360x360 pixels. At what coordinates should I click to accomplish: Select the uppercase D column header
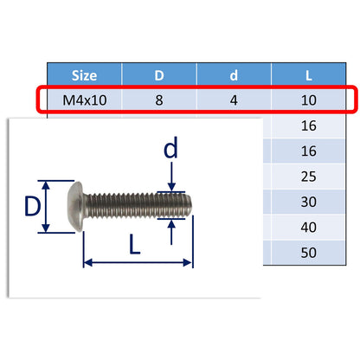click(159, 76)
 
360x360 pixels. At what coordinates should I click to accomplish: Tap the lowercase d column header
click(235, 76)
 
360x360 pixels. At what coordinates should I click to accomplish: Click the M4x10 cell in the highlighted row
click(84, 100)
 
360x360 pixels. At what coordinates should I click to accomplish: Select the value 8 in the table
click(159, 100)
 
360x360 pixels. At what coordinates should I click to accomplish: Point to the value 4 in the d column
click(235, 100)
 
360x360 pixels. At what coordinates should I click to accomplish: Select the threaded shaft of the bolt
click(138, 207)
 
